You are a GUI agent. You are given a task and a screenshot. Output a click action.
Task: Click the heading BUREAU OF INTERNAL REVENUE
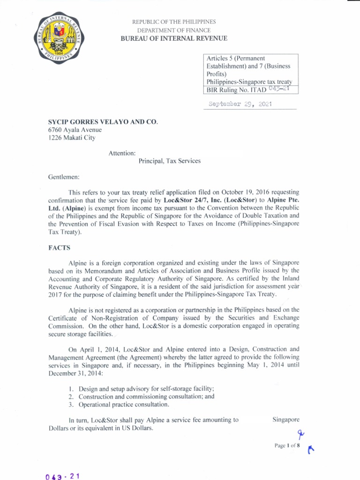click(x=174, y=38)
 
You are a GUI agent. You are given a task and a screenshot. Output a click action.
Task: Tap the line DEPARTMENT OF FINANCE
click(x=174, y=30)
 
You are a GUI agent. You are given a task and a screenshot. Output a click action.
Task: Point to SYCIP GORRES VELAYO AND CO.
click(x=100, y=122)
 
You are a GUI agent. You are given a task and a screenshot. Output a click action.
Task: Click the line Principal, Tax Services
click(x=170, y=161)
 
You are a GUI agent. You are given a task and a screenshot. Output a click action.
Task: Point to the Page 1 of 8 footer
click(x=287, y=446)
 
